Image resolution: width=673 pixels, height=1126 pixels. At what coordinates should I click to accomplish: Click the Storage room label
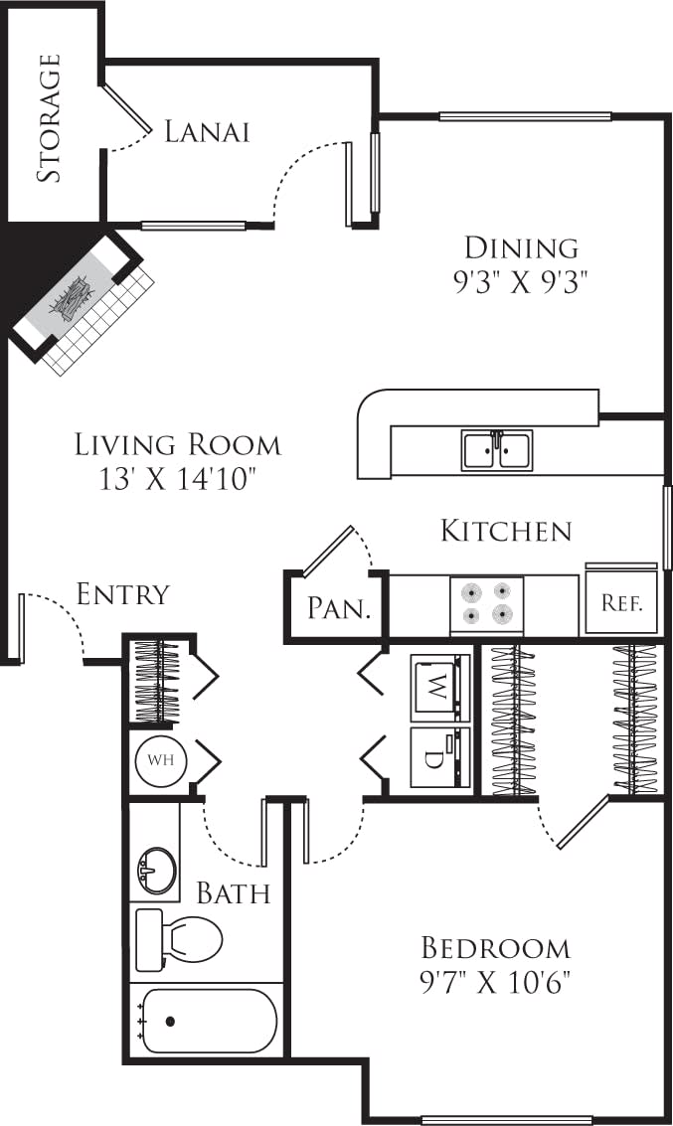click(x=50, y=117)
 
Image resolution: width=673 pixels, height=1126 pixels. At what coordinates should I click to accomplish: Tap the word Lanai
click(x=206, y=131)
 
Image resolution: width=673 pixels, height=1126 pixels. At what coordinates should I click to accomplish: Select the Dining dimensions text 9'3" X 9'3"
click(x=522, y=281)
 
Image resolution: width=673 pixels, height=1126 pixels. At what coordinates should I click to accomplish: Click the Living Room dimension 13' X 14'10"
click(x=178, y=479)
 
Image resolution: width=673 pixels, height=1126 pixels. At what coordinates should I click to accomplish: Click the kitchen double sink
click(x=497, y=449)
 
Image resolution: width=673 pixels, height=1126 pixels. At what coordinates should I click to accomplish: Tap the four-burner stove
click(x=487, y=604)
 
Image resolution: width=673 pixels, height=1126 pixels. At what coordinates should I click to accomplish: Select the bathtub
click(x=207, y=1020)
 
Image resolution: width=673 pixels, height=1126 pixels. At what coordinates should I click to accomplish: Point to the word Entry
click(x=123, y=594)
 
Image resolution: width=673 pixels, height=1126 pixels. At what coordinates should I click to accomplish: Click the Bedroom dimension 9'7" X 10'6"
click(x=495, y=983)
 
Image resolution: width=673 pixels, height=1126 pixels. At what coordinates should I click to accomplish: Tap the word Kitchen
click(x=506, y=531)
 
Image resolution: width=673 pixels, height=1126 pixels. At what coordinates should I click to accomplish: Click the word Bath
click(x=233, y=892)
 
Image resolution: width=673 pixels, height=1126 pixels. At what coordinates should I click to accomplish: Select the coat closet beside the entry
click(x=157, y=681)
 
